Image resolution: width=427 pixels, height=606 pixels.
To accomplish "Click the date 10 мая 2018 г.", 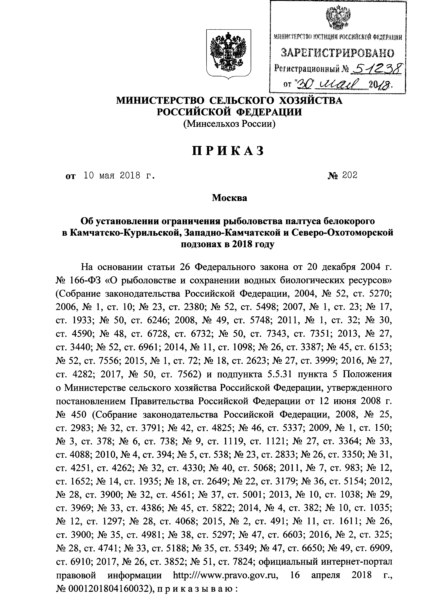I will [119, 175].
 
